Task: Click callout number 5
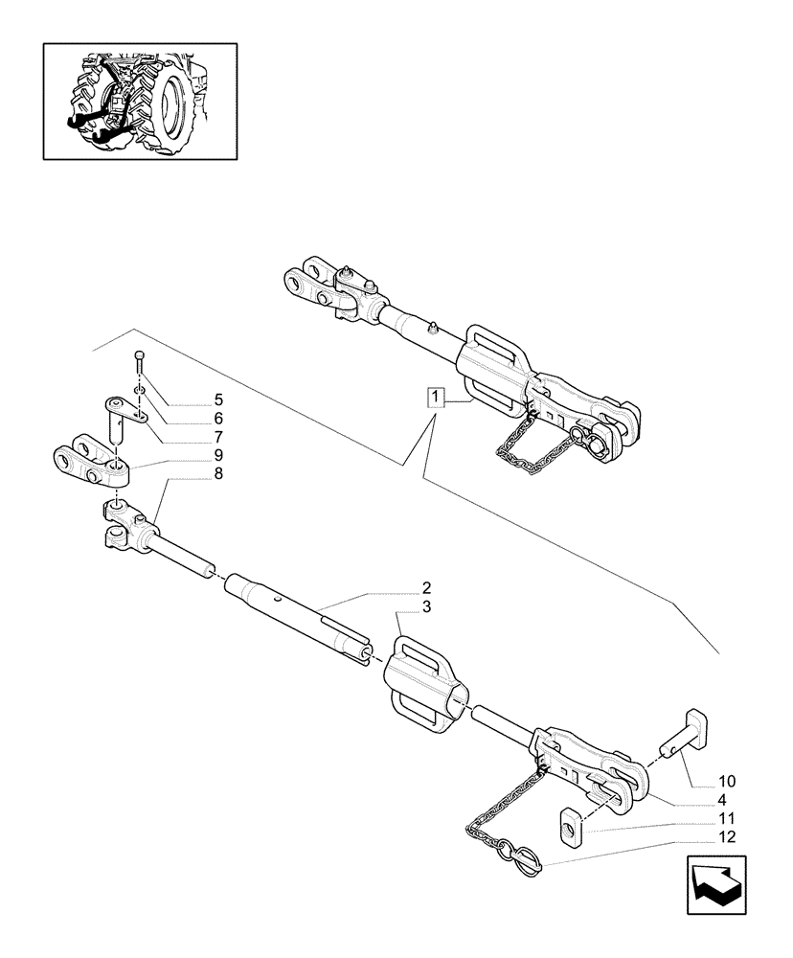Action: [218, 399]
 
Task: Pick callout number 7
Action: [218, 435]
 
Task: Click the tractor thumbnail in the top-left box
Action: [140, 100]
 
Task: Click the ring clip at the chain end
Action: [527, 853]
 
